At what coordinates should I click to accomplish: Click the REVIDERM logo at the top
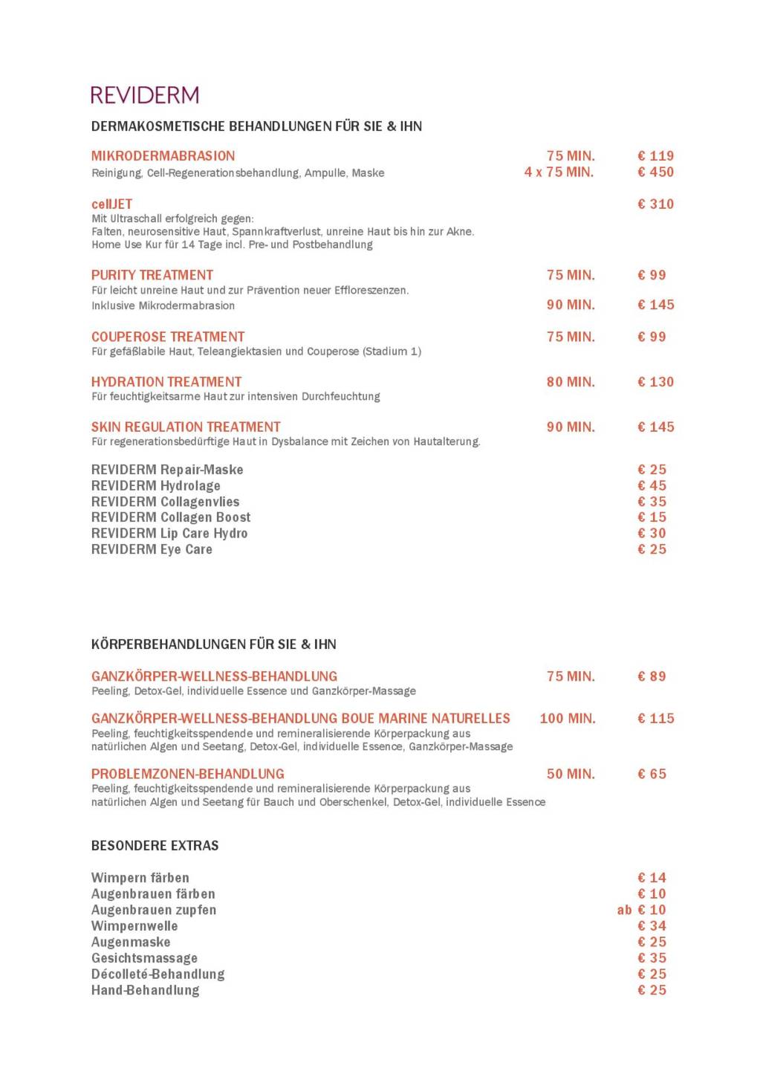(x=145, y=95)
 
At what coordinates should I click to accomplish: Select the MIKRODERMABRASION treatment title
(x=163, y=156)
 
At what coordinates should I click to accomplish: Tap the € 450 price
(x=655, y=172)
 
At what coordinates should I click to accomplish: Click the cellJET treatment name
(x=111, y=204)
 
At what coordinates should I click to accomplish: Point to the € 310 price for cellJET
(x=655, y=204)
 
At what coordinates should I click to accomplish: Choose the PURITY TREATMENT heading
(x=152, y=275)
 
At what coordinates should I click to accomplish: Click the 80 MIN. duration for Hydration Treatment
(x=571, y=382)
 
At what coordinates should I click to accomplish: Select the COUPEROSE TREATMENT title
(x=167, y=337)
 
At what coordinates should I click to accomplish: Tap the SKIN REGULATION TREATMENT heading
(x=186, y=427)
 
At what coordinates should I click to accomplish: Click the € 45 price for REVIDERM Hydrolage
(x=652, y=486)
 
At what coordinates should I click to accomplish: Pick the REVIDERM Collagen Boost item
(x=171, y=517)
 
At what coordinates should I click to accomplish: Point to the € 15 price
(x=652, y=517)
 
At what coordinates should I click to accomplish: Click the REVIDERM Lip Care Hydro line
(x=169, y=534)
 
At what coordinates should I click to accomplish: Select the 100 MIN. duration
(x=568, y=719)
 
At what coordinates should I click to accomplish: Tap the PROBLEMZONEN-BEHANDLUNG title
(x=187, y=774)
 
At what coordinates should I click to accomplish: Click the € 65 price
(x=652, y=774)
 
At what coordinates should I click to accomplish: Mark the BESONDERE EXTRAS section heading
(x=155, y=846)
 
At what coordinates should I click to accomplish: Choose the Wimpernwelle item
(x=134, y=926)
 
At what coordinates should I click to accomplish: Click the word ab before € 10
(x=624, y=910)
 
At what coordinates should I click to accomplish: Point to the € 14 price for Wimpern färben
(x=652, y=878)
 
